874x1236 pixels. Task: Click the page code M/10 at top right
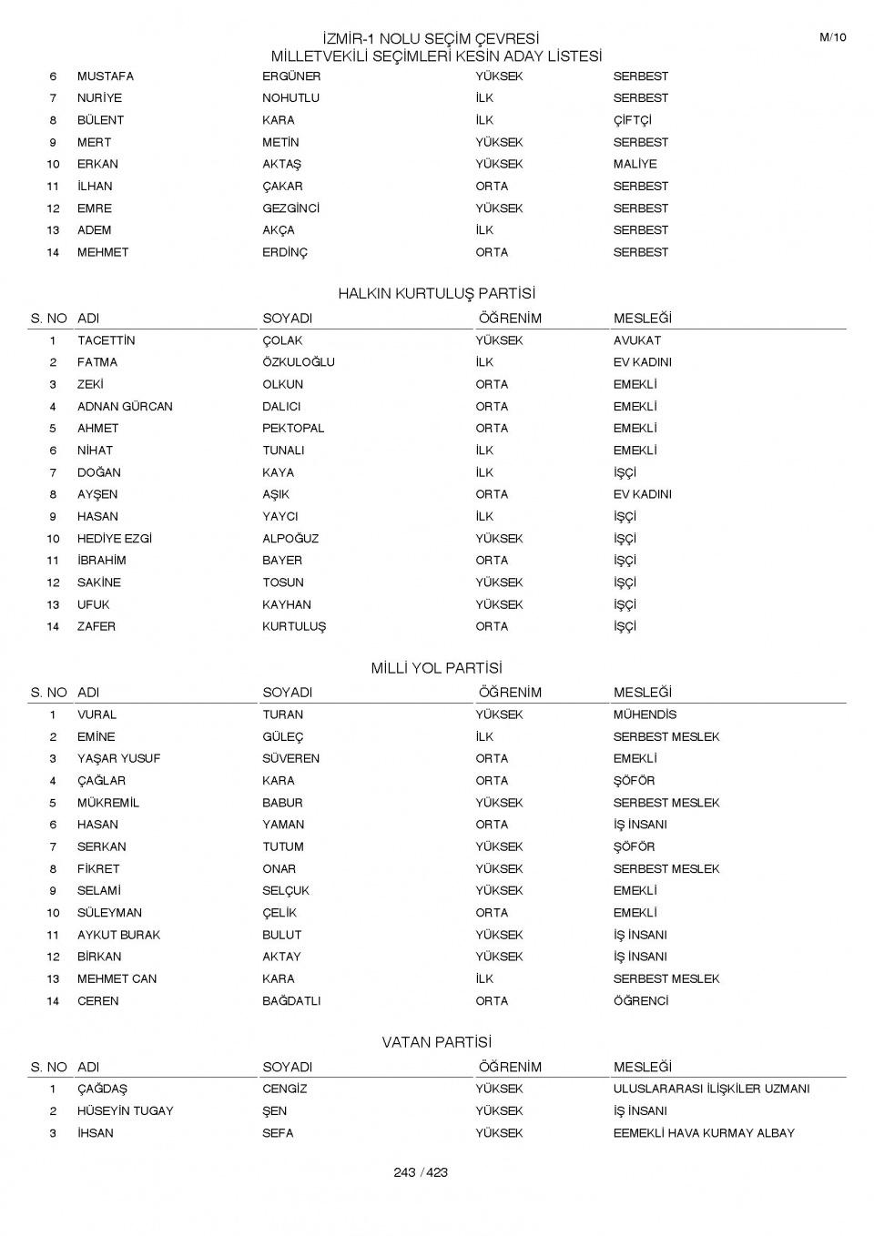point(832,37)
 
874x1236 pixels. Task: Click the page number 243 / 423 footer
point(421,1172)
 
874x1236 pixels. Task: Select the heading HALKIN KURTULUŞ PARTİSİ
point(437,293)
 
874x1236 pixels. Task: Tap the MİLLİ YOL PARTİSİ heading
point(437,668)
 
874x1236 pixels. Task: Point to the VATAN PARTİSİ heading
point(437,1042)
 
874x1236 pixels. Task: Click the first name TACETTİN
point(106,340)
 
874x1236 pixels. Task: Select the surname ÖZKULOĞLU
point(299,362)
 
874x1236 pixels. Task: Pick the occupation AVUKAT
point(637,340)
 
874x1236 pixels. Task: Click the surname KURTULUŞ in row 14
point(294,626)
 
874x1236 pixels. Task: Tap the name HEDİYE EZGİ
point(115,539)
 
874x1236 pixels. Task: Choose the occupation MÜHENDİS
point(645,714)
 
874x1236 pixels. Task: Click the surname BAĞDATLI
point(291,1001)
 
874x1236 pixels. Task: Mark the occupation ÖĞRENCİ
point(641,1001)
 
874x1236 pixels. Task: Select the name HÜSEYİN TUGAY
point(125,1111)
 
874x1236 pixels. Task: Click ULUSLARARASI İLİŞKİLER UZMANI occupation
point(711,1089)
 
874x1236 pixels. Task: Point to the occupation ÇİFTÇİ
point(632,120)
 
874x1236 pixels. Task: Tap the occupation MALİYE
point(635,164)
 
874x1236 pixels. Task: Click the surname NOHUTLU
point(290,98)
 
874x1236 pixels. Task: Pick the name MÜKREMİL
point(108,803)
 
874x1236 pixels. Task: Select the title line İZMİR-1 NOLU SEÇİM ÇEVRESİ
point(432,38)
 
